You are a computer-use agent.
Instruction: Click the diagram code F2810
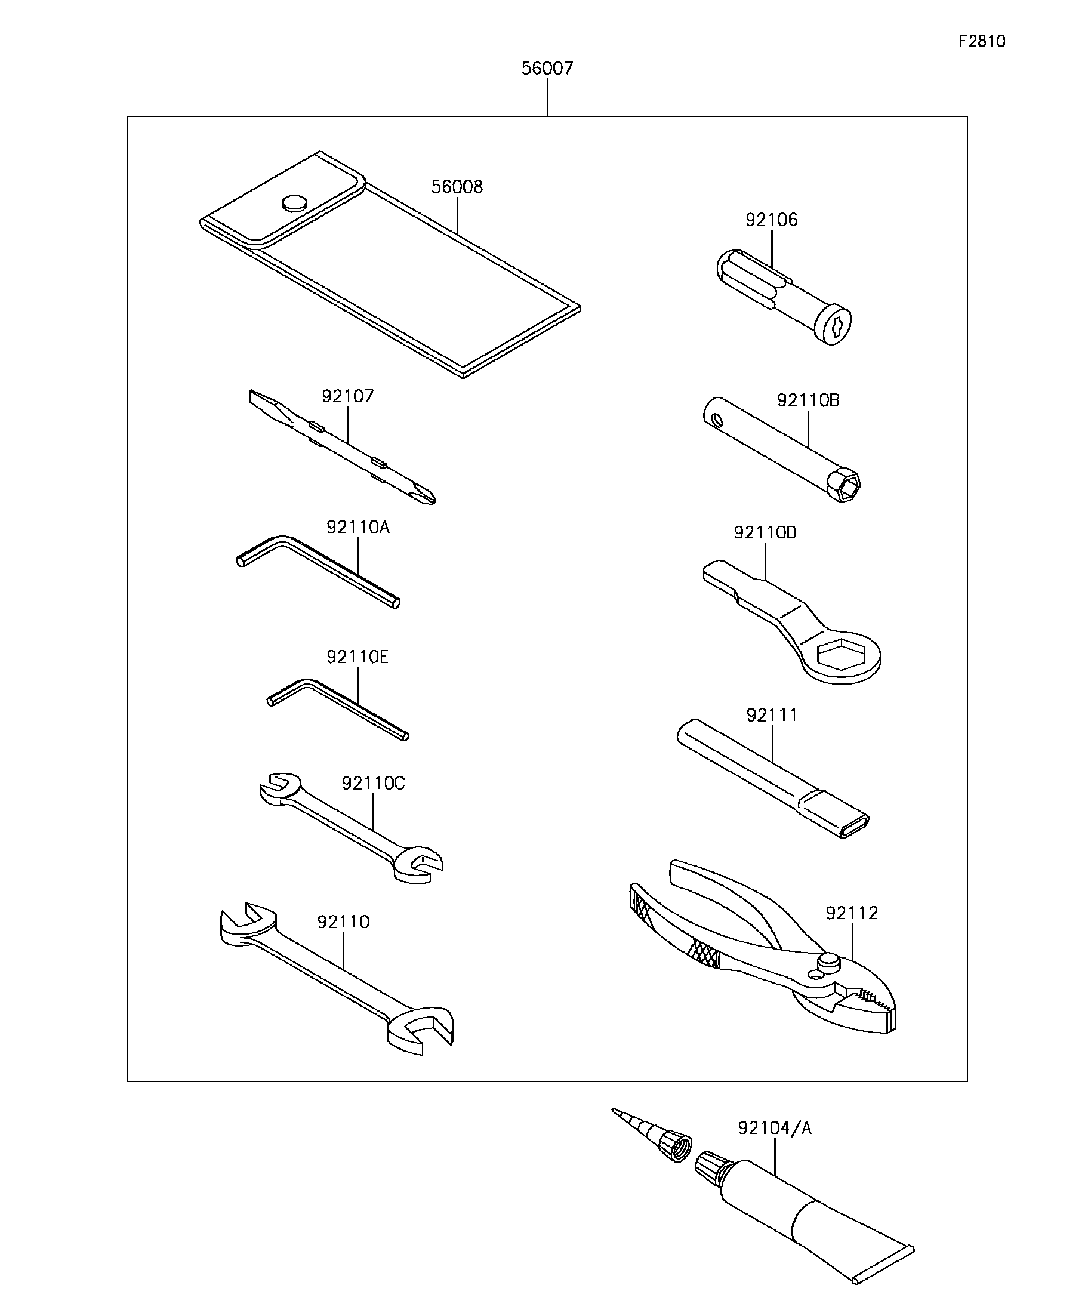(981, 41)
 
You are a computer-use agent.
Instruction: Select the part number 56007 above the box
(547, 68)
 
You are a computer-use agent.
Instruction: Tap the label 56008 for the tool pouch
(457, 187)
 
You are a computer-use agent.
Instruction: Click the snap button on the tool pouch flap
(294, 202)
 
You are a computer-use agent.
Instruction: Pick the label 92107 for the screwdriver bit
(347, 396)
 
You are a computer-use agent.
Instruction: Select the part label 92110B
(808, 400)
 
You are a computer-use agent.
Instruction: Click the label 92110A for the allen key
(358, 528)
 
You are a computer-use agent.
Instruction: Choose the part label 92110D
(765, 532)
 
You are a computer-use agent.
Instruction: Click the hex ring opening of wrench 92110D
(842, 655)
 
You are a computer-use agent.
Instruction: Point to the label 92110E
(357, 657)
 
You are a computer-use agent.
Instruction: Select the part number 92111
(772, 716)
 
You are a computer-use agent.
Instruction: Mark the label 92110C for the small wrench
(373, 783)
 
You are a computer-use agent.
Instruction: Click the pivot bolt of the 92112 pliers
(828, 960)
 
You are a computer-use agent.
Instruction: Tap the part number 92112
(851, 913)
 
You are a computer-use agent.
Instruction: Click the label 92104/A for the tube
(774, 1129)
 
